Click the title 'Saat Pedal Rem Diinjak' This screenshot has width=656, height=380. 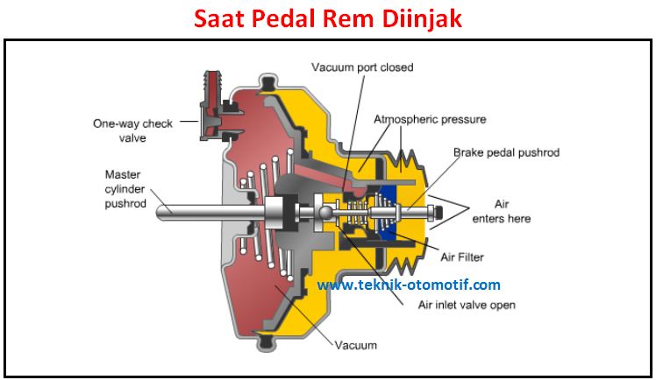coord(326,18)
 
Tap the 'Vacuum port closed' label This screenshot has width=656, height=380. coord(361,67)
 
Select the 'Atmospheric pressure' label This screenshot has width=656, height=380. coord(430,118)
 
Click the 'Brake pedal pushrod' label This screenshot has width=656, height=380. coord(506,152)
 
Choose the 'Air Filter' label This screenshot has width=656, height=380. coord(463,257)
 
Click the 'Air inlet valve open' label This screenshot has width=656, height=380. coord(467,305)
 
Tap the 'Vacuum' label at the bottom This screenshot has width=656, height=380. coord(355,346)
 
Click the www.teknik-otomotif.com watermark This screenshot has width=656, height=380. coord(409,285)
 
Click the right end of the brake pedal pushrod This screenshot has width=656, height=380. coord(434,211)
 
